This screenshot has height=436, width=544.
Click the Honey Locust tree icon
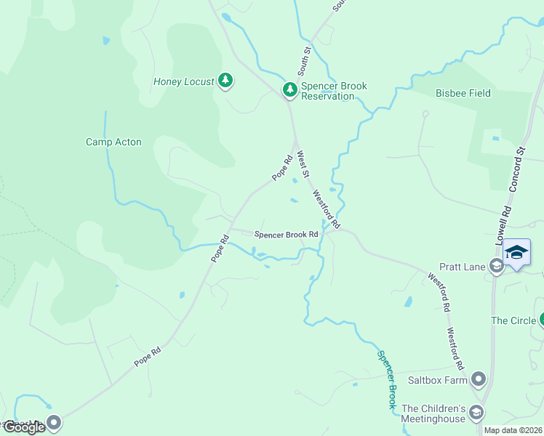click(x=225, y=81)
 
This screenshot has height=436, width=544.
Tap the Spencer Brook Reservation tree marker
click(x=290, y=90)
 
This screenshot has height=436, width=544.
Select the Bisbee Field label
click(x=463, y=93)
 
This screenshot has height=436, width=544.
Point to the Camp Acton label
click(x=113, y=142)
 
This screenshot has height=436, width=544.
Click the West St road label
click(x=303, y=164)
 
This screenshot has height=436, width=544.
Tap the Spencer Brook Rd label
click(x=286, y=235)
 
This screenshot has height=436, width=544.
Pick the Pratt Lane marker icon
click(x=496, y=267)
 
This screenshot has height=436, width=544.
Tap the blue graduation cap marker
click(x=516, y=252)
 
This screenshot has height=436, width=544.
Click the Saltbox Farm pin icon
click(x=479, y=379)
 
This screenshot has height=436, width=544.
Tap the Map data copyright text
click(x=513, y=430)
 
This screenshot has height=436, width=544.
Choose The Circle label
click(x=513, y=320)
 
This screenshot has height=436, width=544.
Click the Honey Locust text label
click(x=183, y=81)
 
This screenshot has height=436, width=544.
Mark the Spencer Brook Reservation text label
click(x=334, y=91)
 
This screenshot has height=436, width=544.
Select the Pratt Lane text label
click(x=462, y=267)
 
